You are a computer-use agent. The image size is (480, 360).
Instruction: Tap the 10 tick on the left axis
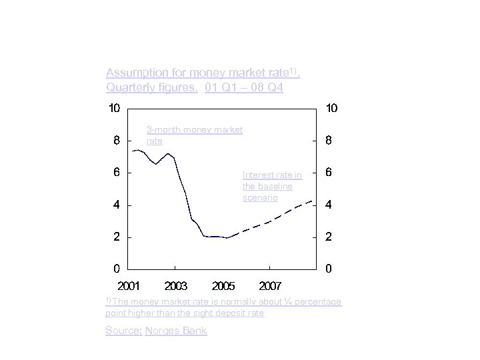tap(114, 108)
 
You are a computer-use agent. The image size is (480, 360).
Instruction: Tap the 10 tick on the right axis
tap(331, 108)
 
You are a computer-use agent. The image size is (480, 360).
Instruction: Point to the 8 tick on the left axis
tap(117, 141)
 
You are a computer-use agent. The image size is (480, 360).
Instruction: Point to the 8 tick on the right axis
tap(328, 141)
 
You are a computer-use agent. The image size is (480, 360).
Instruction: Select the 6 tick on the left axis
tap(117, 173)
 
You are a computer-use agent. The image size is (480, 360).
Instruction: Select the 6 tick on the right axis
tap(328, 173)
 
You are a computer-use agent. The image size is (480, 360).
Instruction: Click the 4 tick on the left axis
tap(117, 205)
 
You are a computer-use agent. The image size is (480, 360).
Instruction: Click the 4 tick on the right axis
tap(328, 205)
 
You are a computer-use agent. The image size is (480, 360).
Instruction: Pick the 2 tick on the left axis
tap(117, 237)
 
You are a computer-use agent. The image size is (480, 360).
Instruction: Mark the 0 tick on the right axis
tap(328, 269)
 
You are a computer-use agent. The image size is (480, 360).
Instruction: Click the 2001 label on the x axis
tap(129, 286)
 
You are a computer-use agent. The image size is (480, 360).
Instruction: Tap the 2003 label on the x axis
tap(176, 286)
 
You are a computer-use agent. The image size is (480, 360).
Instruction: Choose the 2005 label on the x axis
tap(223, 286)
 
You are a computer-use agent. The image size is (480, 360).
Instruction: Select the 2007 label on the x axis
tap(270, 286)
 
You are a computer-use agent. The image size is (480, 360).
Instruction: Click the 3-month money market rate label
tap(194, 135)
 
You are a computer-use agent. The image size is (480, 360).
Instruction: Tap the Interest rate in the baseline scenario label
tap(272, 187)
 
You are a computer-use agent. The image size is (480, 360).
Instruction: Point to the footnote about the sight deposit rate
tap(223, 307)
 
